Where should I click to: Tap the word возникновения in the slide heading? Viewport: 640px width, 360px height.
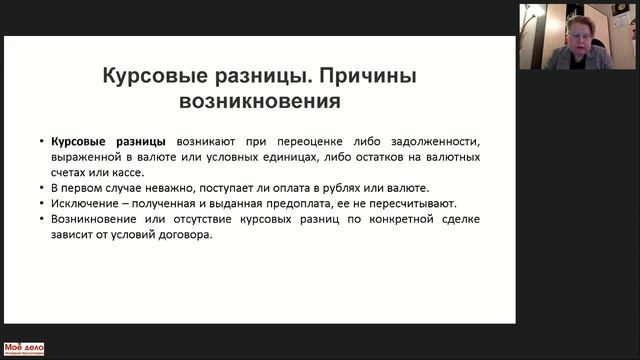(x=259, y=101)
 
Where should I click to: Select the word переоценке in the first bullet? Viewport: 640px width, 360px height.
(x=311, y=142)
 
